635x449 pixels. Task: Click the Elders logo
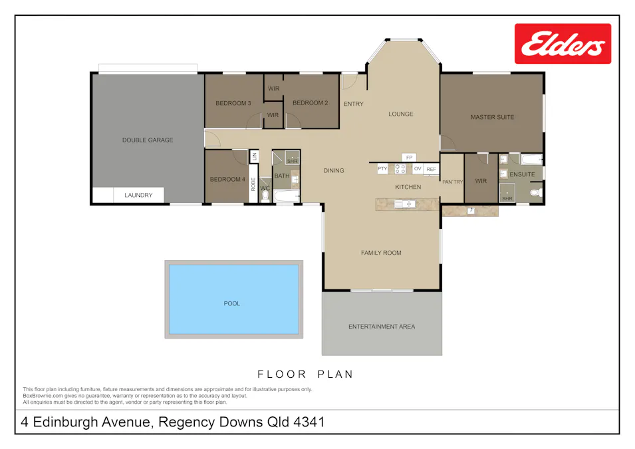coord(563,44)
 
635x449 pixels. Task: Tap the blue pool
coord(233,299)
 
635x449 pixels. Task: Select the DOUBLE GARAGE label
coord(148,140)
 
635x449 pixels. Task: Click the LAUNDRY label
coord(138,196)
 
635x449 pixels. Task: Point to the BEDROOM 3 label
coord(233,103)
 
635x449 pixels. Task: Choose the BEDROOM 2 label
coord(310,103)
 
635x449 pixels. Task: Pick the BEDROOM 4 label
coord(227,180)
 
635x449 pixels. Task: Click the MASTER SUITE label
coord(492,118)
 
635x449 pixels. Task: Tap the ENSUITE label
coord(522,175)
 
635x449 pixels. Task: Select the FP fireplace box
coord(410,158)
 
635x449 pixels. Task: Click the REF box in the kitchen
coord(431,170)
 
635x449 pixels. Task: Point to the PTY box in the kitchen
coord(382,170)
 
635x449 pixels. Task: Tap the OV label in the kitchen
coord(418,170)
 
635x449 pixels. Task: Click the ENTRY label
coord(353,104)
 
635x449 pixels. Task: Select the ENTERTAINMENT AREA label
coord(382,327)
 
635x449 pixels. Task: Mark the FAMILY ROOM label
coord(381,253)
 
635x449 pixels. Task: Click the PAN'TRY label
coord(452,182)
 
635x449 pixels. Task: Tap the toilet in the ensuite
coord(535,193)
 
